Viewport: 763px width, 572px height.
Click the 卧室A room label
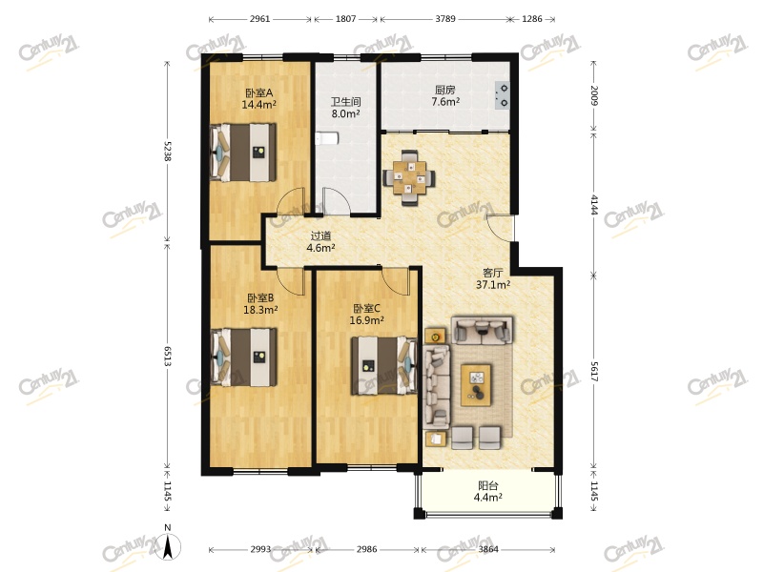tap(258, 92)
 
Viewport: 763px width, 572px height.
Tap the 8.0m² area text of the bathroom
tap(344, 113)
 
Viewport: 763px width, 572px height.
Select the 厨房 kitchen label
tap(444, 90)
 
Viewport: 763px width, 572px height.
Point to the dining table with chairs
tap(411, 176)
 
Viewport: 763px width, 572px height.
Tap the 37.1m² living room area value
tap(495, 284)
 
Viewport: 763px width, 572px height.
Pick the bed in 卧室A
tap(245, 152)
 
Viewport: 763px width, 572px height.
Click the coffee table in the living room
tap(478, 384)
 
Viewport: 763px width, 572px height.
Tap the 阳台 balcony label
tap(487, 484)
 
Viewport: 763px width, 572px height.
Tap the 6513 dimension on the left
tap(168, 357)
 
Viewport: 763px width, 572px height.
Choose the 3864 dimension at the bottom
tap(487, 550)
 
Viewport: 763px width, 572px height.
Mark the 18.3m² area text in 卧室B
tap(259, 309)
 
